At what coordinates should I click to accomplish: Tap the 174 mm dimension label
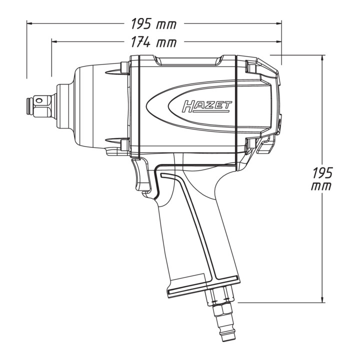tap(153, 42)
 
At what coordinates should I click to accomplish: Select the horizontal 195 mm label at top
tap(153, 24)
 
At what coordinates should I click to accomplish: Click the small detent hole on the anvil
tap(39, 100)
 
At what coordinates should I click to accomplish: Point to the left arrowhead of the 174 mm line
tap(54, 41)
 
